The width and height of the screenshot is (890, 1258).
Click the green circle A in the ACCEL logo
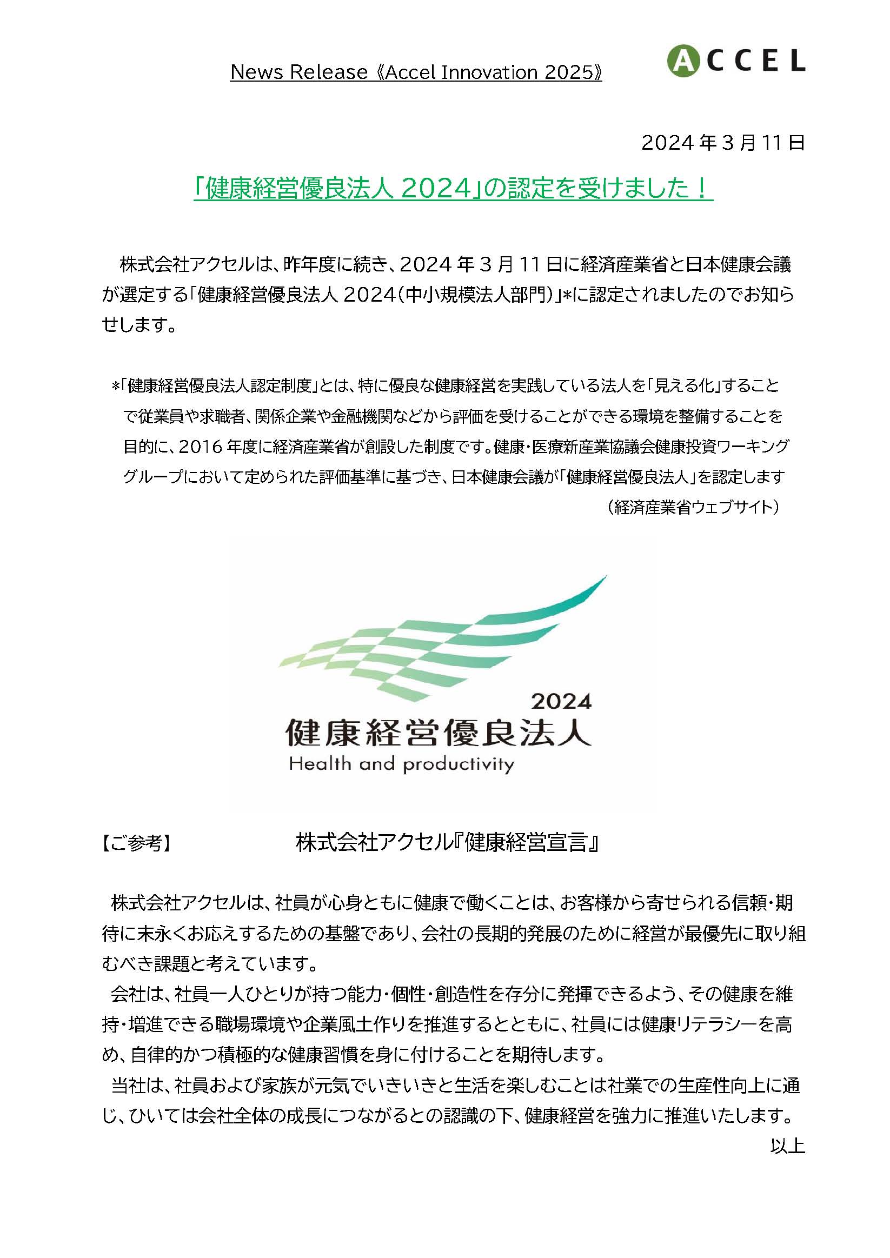680,61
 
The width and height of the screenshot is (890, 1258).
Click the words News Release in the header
298,72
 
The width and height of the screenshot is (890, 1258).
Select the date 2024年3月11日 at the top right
723,143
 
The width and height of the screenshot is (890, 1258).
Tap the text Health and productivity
402,764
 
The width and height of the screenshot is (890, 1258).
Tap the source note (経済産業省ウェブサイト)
693,508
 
